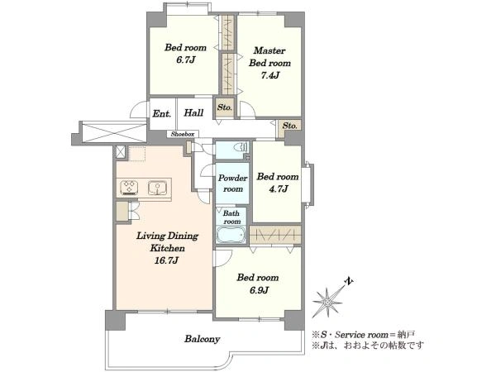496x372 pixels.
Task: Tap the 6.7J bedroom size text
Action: (185, 60)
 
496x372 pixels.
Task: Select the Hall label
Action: (193, 113)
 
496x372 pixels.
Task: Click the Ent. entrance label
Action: (162, 113)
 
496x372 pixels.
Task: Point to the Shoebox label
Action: (183, 134)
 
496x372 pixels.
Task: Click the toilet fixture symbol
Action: (242, 147)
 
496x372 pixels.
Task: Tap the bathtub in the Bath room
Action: (231, 235)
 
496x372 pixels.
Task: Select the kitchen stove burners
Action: (130, 187)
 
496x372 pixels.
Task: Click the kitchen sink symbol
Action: (157, 188)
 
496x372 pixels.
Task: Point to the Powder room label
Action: (233, 184)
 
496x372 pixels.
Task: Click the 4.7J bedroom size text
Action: (277, 188)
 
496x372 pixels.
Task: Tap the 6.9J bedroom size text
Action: (259, 290)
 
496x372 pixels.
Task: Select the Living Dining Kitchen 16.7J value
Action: (167, 260)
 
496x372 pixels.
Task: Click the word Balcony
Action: (203, 339)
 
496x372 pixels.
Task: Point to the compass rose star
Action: (327, 302)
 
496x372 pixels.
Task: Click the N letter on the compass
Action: (349, 281)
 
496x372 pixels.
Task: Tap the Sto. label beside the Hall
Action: (225, 107)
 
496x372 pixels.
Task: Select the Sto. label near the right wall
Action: (290, 126)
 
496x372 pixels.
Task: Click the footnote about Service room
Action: (364, 334)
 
